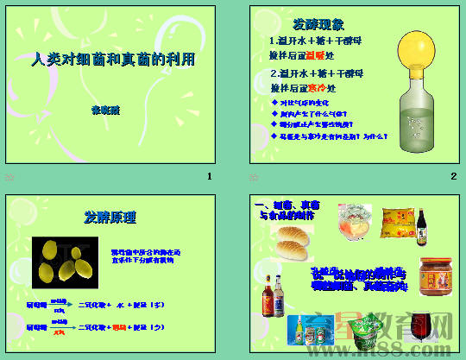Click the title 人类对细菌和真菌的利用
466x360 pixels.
pos(113,60)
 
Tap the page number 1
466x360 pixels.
pos(209,177)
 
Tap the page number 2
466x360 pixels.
pos(452,177)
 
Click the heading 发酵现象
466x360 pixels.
pos(320,23)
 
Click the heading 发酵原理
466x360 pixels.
pos(110,217)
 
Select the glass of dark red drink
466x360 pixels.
pos(422,327)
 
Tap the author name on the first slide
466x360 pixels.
pos(105,110)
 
